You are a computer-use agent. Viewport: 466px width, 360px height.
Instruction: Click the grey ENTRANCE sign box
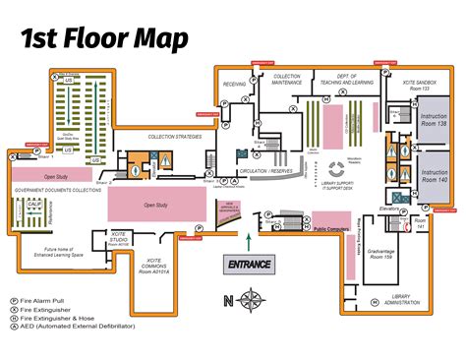[x=250, y=264]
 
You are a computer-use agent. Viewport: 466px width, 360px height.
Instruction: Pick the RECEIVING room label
[x=234, y=85]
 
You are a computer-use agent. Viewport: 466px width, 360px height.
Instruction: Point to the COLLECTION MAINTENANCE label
[x=287, y=79]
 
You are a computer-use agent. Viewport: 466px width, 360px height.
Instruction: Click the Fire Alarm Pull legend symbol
[x=13, y=299]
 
